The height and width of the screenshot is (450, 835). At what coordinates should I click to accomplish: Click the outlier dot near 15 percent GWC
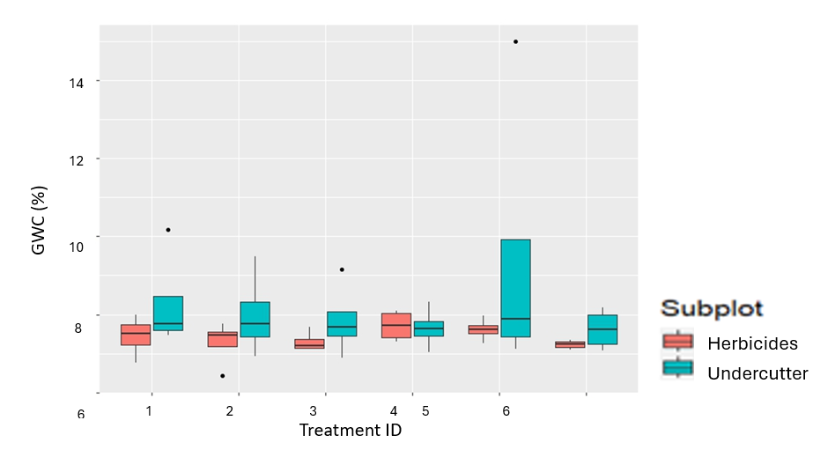click(x=515, y=41)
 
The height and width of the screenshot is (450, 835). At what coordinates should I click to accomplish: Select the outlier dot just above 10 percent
click(x=168, y=230)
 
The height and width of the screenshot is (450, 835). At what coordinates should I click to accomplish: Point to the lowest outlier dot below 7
click(x=222, y=376)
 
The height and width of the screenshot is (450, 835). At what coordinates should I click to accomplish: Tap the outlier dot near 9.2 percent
click(x=342, y=269)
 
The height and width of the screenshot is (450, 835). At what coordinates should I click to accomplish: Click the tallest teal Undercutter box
click(x=515, y=288)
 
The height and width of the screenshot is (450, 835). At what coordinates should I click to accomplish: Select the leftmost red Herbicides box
click(x=136, y=335)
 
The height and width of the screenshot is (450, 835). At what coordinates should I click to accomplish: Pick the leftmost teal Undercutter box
click(x=168, y=314)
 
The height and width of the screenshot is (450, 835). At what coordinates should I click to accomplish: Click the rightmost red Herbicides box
click(x=570, y=344)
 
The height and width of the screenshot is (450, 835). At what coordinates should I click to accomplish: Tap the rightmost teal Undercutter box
click(x=602, y=329)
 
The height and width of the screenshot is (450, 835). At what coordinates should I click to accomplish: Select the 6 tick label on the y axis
click(x=80, y=414)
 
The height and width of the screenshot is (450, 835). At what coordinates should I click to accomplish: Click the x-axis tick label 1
click(x=150, y=411)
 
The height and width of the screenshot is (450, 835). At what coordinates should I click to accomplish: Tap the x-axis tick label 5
click(x=425, y=411)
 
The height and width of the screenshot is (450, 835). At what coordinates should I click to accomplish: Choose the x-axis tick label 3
click(x=314, y=411)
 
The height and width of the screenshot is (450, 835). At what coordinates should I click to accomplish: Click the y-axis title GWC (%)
click(x=39, y=220)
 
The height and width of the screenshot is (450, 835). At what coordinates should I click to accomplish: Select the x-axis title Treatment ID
click(x=351, y=431)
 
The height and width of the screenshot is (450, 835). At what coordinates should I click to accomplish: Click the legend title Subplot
click(x=712, y=308)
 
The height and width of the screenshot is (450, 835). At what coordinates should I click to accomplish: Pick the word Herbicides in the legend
click(x=752, y=343)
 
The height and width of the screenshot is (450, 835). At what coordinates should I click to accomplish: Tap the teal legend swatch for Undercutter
click(x=677, y=369)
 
